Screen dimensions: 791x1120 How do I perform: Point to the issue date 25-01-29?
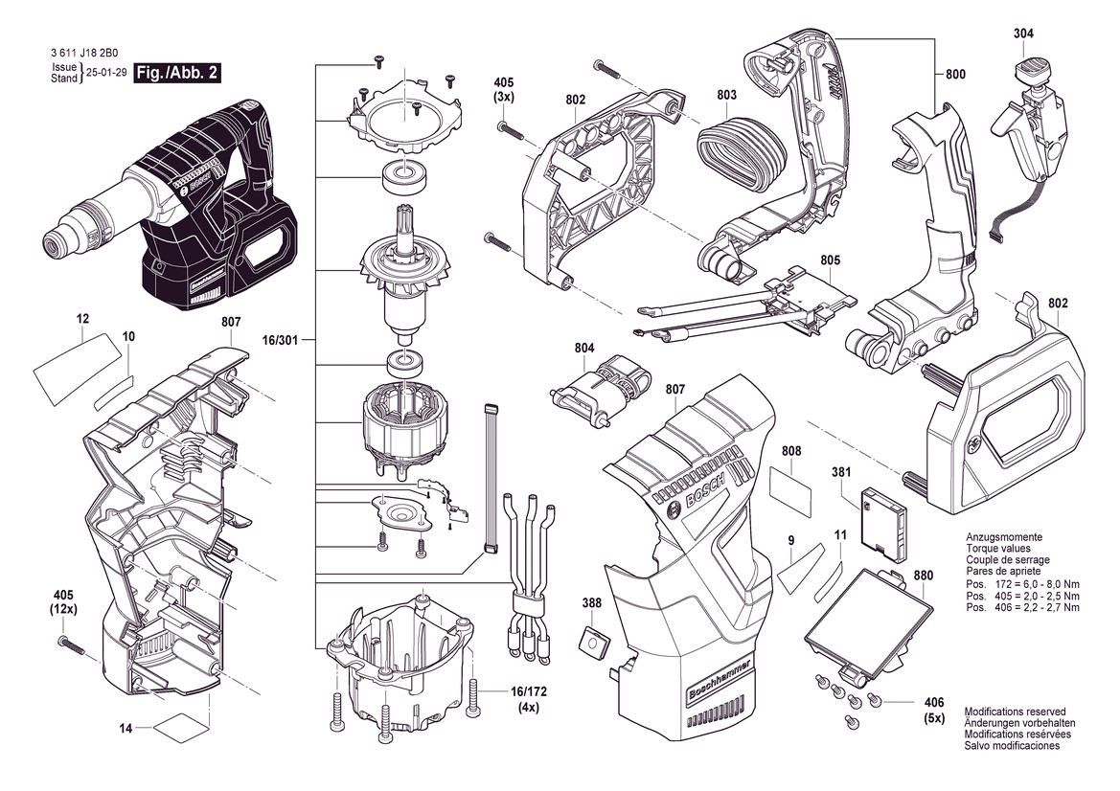(x=106, y=74)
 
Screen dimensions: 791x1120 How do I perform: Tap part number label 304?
(x=1023, y=34)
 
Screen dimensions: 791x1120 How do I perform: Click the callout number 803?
(x=726, y=95)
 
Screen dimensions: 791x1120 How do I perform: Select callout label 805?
(x=830, y=260)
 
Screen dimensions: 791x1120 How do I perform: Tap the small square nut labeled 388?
(x=592, y=640)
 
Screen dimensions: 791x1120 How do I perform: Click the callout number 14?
(x=125, y=729)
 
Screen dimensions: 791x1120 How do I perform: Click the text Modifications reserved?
(x=1015, y=712)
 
